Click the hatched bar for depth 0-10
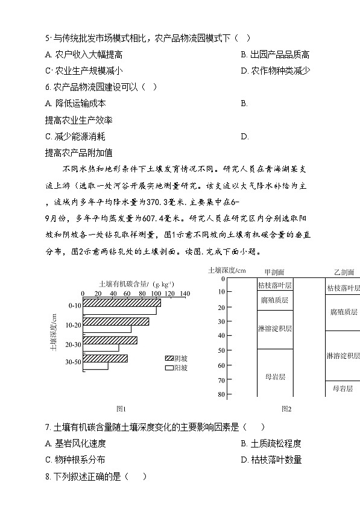click(122, 302)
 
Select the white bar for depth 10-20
click(107, 329)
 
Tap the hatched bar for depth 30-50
click(105, 358)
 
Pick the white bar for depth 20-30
click(101, 348)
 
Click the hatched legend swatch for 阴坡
click(168, 358)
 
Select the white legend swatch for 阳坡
click(168, 367)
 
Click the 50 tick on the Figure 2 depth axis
click(221, 350)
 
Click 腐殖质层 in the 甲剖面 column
click(275, 300)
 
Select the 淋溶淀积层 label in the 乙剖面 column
click(343, 355)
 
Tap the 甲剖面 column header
click(274, 272)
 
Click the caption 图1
click(120, 409)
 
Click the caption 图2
click(286, 409)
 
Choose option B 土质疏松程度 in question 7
click(271, 443)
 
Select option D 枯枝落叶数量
click(271, 460)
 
